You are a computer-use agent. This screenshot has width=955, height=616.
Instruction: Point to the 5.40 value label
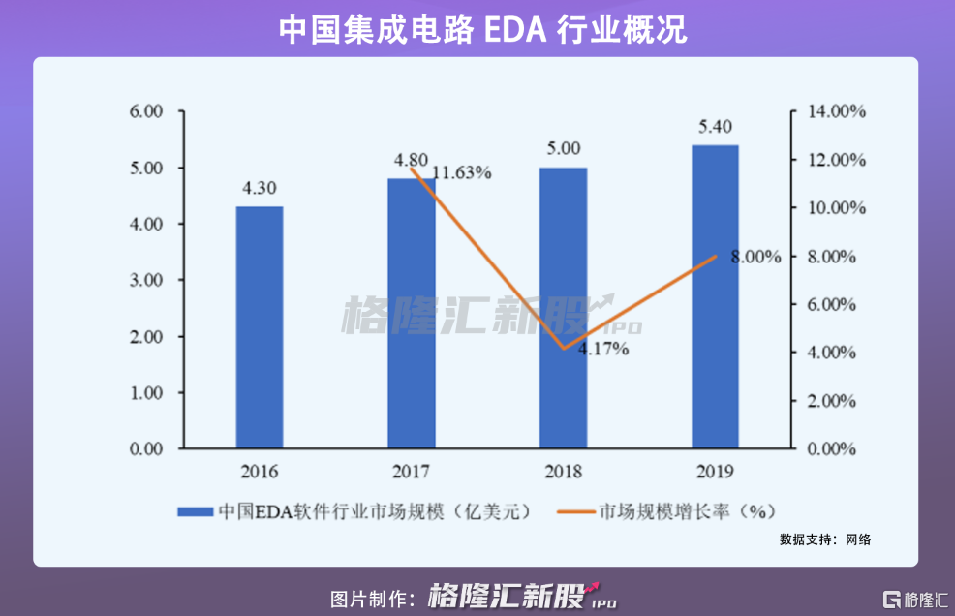tap(714, 127)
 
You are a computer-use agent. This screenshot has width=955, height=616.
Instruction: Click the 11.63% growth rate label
tap(461, 173)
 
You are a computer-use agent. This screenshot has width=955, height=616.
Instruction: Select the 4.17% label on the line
tap(603, 349)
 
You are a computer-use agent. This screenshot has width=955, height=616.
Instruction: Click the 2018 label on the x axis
tap(563, 472)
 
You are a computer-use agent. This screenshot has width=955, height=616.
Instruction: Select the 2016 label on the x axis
tap(260, 472)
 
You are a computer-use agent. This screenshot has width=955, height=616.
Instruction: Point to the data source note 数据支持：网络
tap(824, 539)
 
